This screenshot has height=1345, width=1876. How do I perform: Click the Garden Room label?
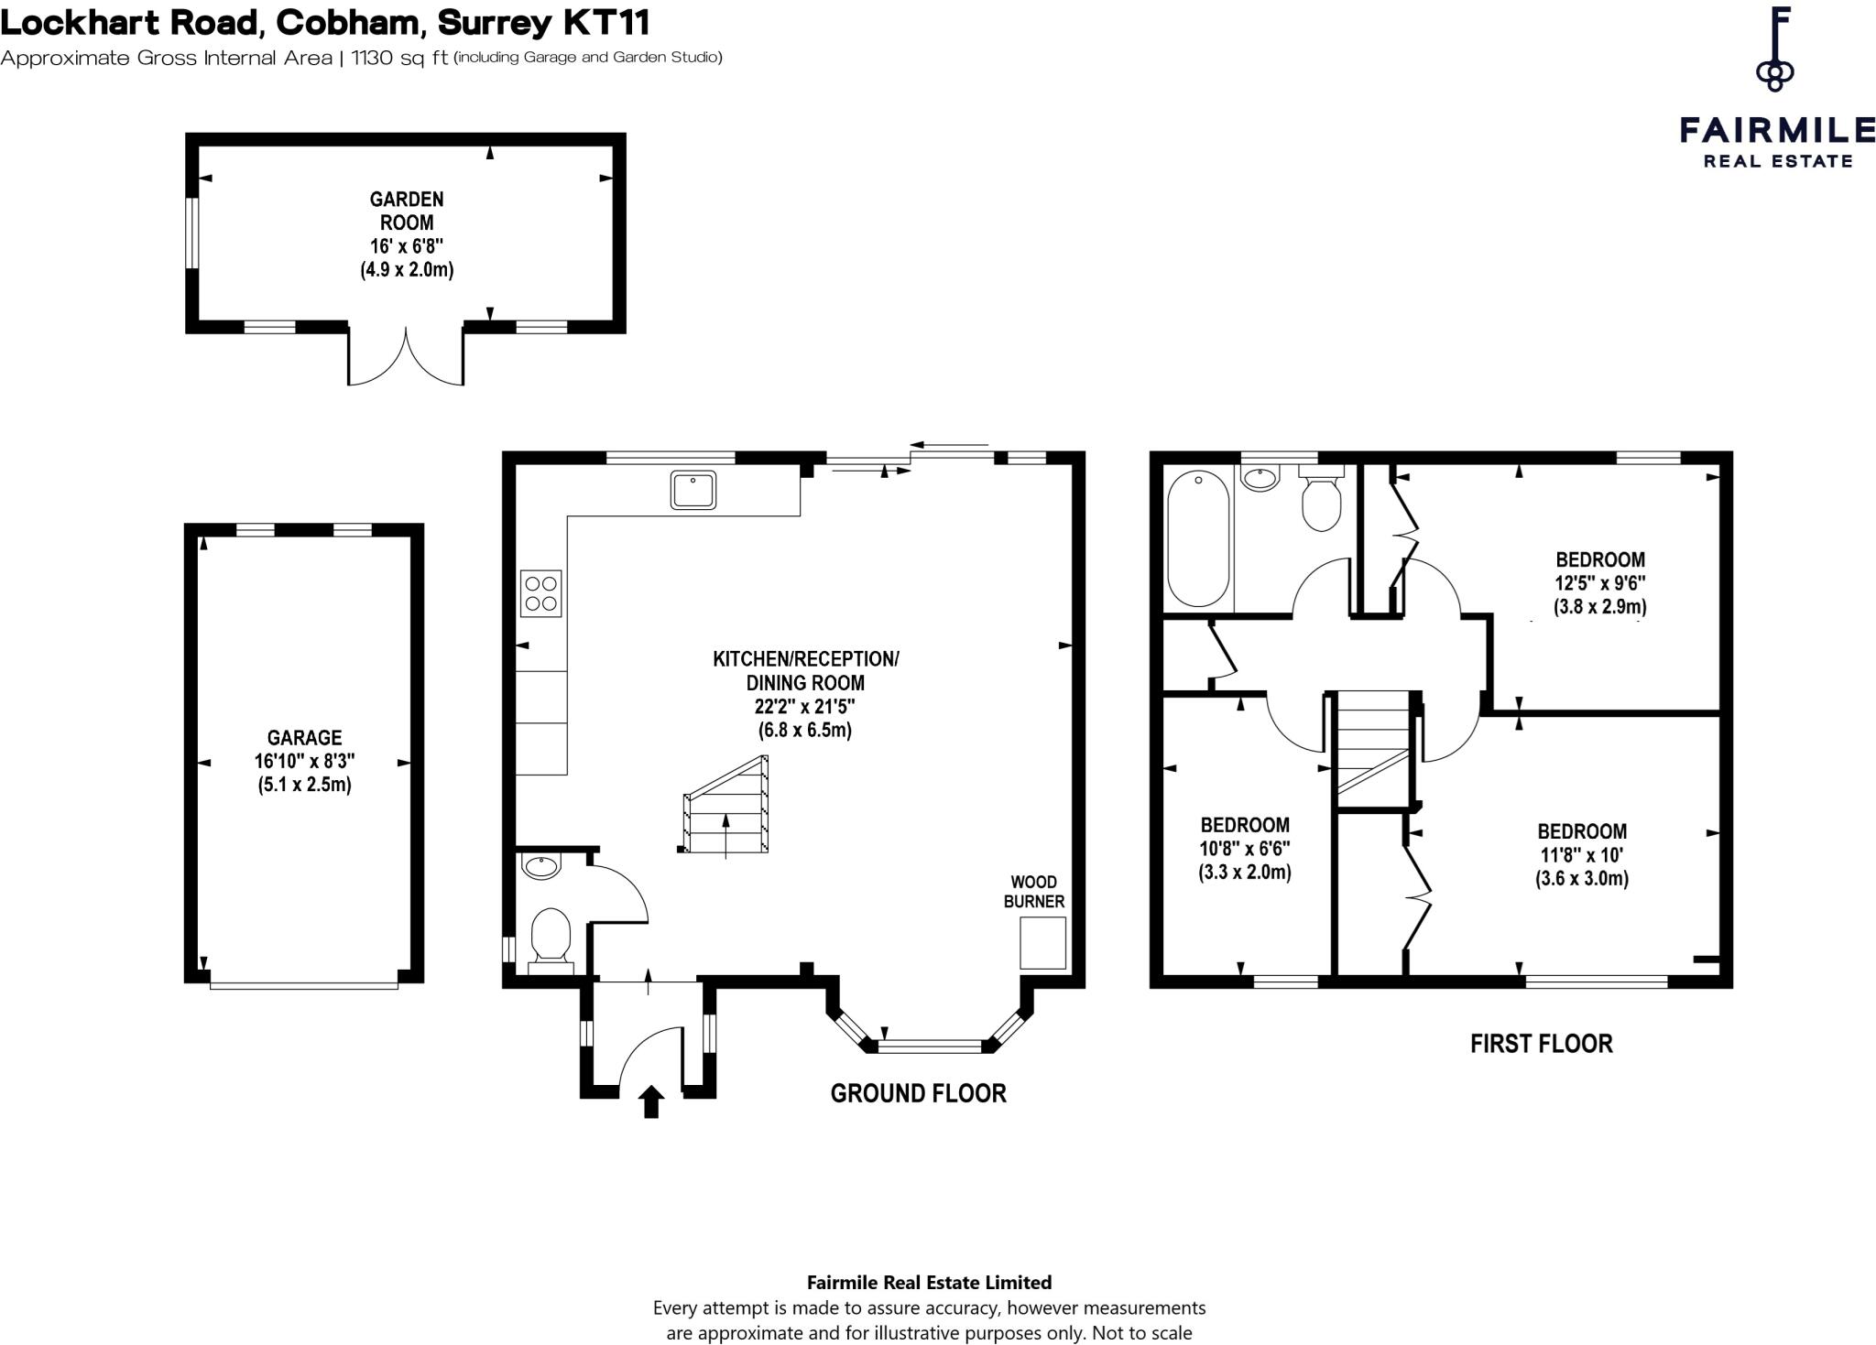[407, 211]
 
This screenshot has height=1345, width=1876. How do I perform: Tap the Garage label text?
[304, 737]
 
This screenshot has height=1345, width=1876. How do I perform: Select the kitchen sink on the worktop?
[693, 490]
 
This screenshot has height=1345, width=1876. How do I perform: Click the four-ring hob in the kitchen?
[540, 592]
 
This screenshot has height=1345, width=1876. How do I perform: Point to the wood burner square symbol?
[1043, 942]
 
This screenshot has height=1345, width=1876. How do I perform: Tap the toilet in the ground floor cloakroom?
[551, 934]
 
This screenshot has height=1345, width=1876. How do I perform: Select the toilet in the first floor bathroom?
[1321, 502]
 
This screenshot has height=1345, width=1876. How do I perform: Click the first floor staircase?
[1371, 746]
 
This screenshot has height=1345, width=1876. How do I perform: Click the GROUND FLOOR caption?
[918, 1093]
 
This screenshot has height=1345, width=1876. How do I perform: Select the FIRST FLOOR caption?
[1541, 1044]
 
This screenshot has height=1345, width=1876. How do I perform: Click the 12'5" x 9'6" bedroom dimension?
[1599, 583]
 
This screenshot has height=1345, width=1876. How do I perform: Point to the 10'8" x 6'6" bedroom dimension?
[1245, 849]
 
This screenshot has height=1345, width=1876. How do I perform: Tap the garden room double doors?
[406, 357]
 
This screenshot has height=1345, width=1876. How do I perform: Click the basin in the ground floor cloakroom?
[541, 865]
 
